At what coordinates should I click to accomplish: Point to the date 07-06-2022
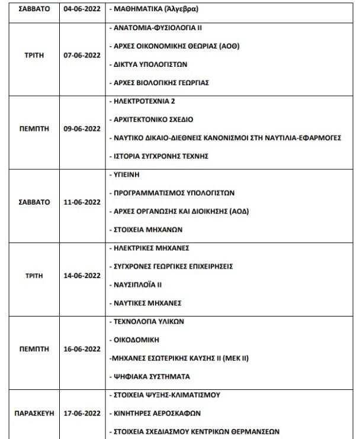point(82,55)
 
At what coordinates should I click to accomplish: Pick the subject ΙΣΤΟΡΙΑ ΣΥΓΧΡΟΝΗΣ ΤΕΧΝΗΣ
point(161,156)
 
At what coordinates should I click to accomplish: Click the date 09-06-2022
point(82,128)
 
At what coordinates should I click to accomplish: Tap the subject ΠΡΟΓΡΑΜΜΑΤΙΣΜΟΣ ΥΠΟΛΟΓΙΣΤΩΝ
point(174,193)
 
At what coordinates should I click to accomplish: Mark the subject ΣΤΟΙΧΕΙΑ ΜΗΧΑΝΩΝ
point(147,229)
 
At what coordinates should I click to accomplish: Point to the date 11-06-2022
point(82,202)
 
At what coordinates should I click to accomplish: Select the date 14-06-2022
point(82,275)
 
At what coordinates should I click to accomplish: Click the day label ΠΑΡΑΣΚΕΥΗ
point(30,413)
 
